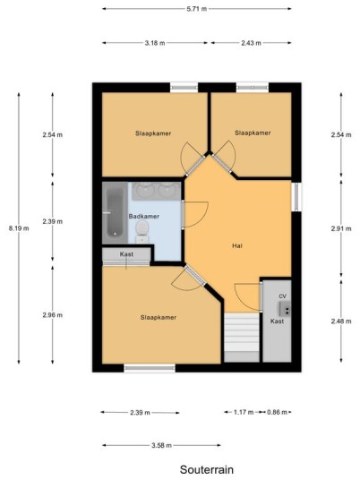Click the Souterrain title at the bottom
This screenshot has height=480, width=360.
tap(207, 469)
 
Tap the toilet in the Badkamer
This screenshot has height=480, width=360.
tap(142, 232)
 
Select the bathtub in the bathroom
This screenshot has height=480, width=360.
tap(116, 213)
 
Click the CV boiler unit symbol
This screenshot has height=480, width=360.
tap(285, 309)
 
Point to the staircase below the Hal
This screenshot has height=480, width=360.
tap(242, 338)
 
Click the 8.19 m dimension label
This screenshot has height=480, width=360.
tap(19, 228)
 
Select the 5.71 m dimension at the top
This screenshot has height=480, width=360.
tap(196, 9)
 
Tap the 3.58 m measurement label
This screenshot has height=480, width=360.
tap(161, 445)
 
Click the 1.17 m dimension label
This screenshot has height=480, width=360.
tap(244, 412)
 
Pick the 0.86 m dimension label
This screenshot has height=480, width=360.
tap(277, 412)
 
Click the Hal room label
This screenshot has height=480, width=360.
tap(237, 245)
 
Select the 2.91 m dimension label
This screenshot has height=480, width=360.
tap(341, 228)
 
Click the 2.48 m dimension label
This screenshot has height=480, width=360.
tap(341, 321)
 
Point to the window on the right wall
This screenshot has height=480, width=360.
tap(296, 197)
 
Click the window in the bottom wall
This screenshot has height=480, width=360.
tap(150, 368)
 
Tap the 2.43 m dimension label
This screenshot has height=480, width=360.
tap(251, 43)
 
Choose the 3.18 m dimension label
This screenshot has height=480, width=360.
tap(155, 43)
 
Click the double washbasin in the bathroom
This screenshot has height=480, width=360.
tap(156, 191)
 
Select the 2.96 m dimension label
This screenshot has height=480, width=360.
tap(53, 315)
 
